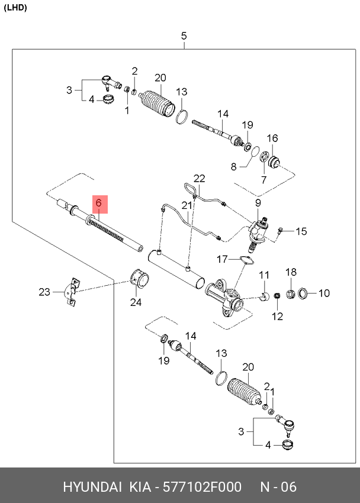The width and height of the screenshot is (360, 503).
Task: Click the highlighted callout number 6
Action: [99, 204]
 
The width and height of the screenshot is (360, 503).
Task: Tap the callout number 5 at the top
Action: [184, 36]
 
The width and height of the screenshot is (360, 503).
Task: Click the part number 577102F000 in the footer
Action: [202, 487]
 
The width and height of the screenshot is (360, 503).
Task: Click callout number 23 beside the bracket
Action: [45, 291]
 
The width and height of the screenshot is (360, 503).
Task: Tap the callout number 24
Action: [136, 302]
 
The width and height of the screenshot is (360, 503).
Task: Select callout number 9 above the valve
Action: [258, 203]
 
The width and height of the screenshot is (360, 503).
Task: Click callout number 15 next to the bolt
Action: [301, 231]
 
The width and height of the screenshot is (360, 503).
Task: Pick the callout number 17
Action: [222, 259]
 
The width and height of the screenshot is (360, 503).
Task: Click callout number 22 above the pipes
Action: [199, 178]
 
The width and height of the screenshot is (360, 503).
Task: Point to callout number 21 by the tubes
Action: [187, 205]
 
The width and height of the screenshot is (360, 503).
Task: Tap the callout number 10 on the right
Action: [324, 293]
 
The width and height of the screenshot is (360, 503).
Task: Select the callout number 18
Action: [291, 272]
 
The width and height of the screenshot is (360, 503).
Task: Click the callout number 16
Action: [272, 138]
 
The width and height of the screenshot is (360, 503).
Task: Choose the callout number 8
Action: [233, 167]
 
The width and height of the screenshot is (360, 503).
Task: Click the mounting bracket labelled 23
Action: [71, 291]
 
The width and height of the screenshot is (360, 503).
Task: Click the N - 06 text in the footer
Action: [278, 487]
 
